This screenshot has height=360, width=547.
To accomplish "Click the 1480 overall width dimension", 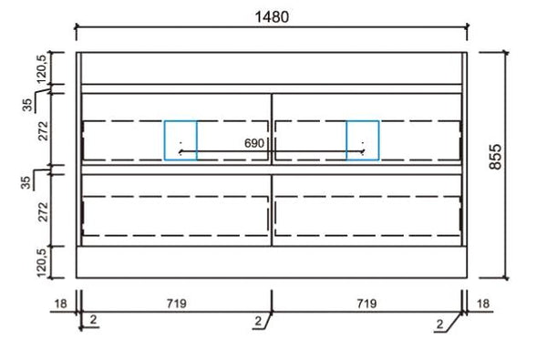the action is point(272,16).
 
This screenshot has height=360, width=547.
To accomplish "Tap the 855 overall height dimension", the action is point(495,157).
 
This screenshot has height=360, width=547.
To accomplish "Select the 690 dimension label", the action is point(254,143).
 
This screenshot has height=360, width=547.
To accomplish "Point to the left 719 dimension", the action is point(177,303).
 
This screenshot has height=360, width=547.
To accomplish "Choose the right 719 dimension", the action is point(366,303).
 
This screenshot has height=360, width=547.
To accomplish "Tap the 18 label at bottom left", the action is point(60,303).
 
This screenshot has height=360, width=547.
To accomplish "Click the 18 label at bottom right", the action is point(483,303).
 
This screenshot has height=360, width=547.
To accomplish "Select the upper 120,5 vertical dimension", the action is point(42,69).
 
